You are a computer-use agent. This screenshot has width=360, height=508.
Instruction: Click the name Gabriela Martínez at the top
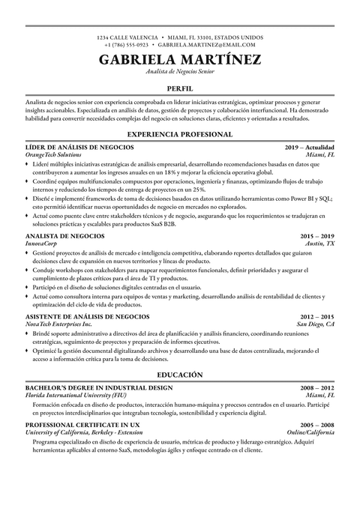pyautogui.click(x=179, y=59)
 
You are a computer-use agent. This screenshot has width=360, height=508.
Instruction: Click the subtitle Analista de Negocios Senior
pyautogui.click(x=179, y=73)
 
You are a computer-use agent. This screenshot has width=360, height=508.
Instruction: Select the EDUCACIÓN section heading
pyautogui.click(x=179, y=373)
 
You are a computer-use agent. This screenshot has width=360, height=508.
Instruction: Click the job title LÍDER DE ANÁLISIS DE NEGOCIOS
pyautogui.click(x=80, y=148)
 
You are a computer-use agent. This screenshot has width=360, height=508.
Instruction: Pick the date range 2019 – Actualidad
pyautogui.click(x=310, y=148)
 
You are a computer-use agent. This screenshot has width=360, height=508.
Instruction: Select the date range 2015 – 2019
pyautogui.click(x=317, y=235)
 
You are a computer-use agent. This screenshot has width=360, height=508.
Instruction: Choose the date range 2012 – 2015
pyautogui.click(x=317, y=295)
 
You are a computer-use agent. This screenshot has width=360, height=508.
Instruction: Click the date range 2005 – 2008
pyautogui.click(x=317, y=425)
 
